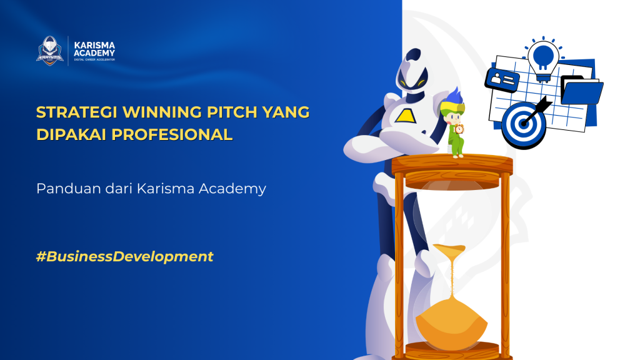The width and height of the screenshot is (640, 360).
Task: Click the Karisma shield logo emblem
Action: (x=50, y=50)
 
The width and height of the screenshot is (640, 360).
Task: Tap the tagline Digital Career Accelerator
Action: (x=94, y=59)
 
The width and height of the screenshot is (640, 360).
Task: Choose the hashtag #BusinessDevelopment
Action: (x=125, y=256)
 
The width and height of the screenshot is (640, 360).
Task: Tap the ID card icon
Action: (x=503, y=80)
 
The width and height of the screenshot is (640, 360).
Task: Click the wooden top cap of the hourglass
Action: (x=451, y=165)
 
